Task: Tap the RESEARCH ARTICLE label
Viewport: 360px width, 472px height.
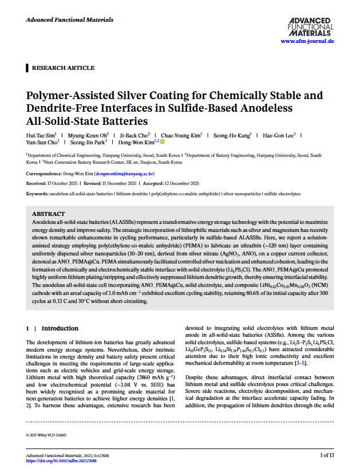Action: point(63,68)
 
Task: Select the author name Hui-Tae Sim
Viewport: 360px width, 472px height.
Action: point(42,136)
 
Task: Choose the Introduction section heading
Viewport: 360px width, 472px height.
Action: point(60,328)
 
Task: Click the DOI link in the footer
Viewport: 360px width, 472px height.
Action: point(61,460)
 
